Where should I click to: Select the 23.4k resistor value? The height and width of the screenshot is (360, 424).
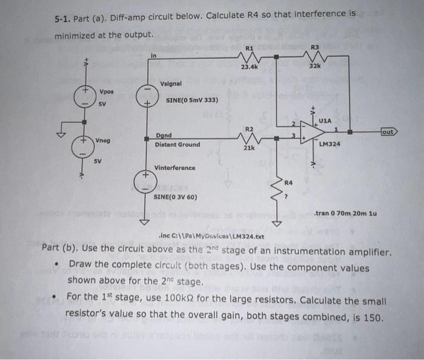coord(250,67)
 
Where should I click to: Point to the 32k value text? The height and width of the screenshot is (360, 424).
coord(314,67)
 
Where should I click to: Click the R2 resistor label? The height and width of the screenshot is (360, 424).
coord(249,128)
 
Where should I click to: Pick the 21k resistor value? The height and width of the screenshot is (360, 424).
coord(249,148)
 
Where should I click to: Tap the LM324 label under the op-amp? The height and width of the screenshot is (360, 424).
coord(331,144)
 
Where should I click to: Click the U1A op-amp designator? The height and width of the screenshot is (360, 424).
coord(325,121)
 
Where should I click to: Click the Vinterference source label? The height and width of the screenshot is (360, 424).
coord(176,167)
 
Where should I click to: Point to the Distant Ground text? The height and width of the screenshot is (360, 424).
coord(177,145)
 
